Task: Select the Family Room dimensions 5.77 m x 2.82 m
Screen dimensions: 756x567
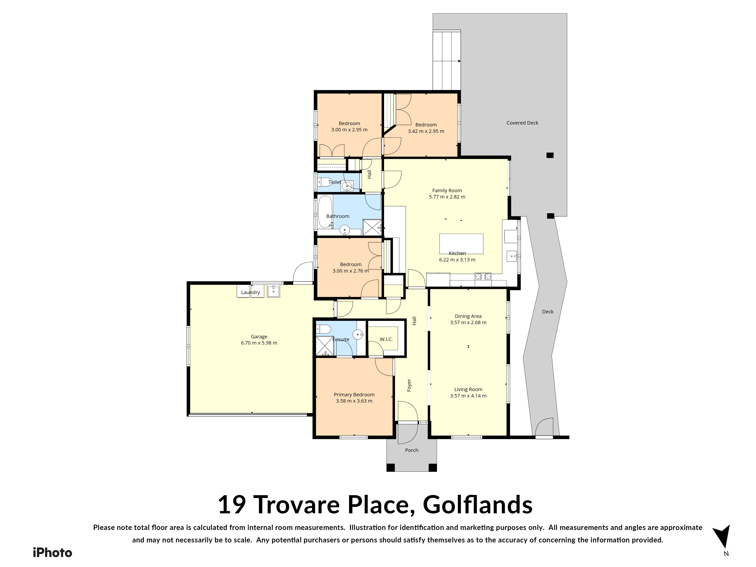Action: (x=447, y=197)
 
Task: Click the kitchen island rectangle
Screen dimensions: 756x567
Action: (x=461, y=244)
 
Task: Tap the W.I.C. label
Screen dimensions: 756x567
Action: (x=386, y=339)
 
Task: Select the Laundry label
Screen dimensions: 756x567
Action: (x=250, y=293)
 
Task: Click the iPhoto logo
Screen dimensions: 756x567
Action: (x=53, y=553)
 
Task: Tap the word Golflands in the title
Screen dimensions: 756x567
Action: (x=478, y=506)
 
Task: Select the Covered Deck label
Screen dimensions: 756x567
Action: (x=522, y=123)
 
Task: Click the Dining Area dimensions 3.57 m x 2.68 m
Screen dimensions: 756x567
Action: (x=468, y=322)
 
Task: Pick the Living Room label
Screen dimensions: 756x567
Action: (x=468, y=389)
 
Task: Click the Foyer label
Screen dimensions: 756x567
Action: (x=409, y=385)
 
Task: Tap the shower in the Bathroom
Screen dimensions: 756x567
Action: (x=372, y=227)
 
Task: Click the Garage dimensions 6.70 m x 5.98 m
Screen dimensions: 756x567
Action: (x=259, y=343)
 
